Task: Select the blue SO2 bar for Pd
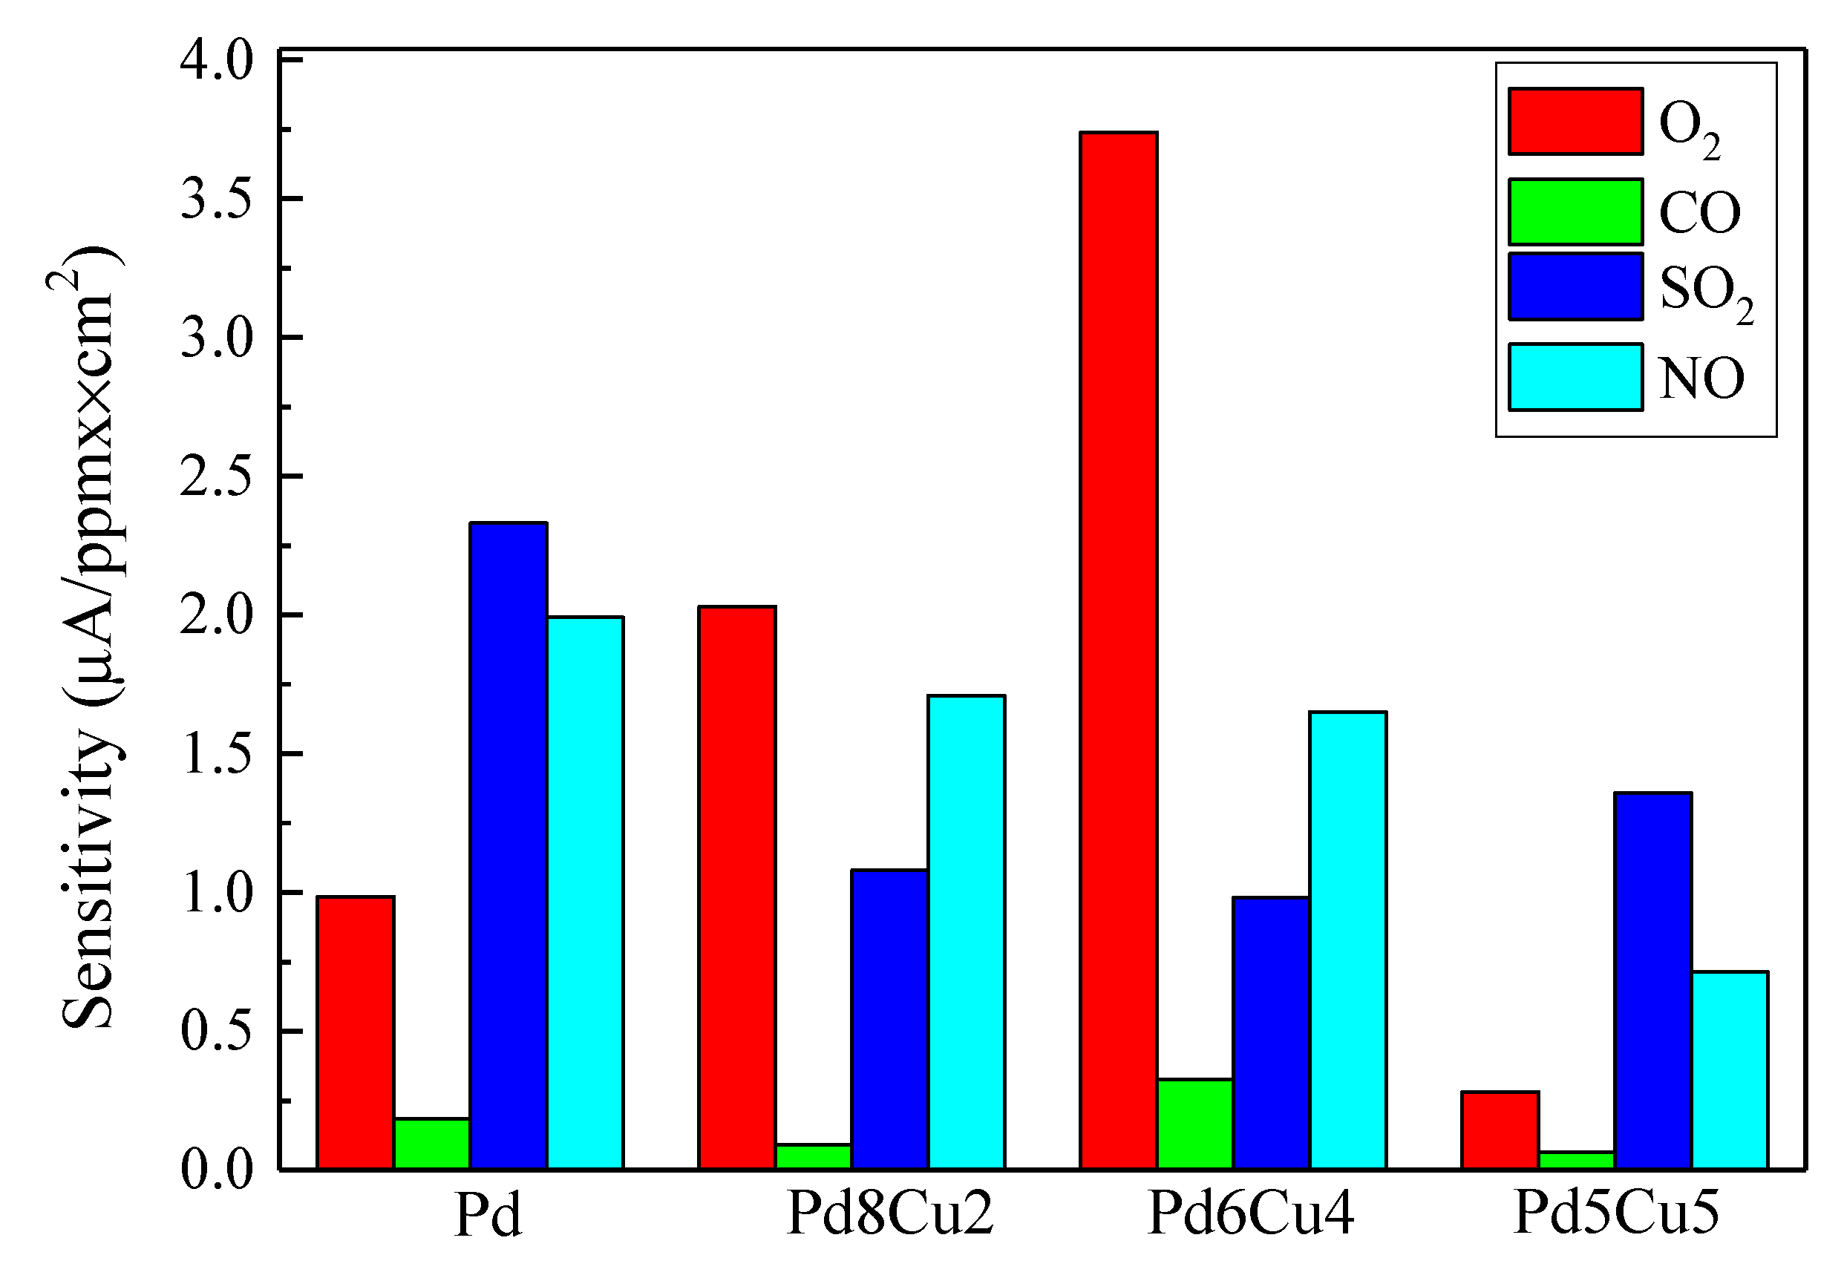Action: point(509,845)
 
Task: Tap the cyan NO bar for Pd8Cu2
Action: point(966,932)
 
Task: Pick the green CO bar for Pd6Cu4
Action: point(1194,1124)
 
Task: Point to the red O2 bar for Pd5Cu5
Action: point(1500,1130)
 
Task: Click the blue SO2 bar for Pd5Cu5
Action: point(1652,981)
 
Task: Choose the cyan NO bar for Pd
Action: point(585,893)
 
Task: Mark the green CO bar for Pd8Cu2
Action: point(813,1156)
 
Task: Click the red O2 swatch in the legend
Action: point(1575,121)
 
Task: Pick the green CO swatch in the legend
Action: point(1575,212)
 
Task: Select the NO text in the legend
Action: point(1701,378)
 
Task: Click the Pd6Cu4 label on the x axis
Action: point(1250,1214)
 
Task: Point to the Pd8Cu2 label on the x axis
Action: point(889,1214)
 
